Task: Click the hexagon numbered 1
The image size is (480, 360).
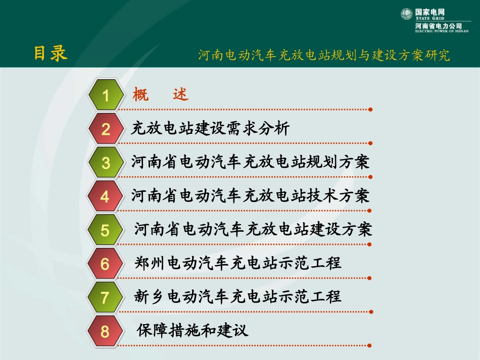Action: click(106, 95)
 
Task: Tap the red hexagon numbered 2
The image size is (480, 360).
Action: click(106, 129)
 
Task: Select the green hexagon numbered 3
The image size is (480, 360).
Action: click(106, 163)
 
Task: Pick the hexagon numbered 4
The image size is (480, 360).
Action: click(105, 196)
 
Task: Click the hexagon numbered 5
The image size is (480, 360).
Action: click(105, 231)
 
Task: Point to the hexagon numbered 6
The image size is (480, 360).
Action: click(105, 264)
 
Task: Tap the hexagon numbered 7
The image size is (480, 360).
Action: click(105, 298)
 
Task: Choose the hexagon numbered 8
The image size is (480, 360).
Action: click(105, 332)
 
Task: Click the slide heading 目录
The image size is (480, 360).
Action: click(51, 54)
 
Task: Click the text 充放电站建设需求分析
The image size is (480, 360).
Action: click(210, 129)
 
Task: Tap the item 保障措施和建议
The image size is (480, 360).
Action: click(193, 331)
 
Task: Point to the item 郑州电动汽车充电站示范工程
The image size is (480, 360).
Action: click(238, 263)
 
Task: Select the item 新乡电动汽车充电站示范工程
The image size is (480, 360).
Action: click(238, 296)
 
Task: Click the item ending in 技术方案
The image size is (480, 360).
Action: click(250, 196)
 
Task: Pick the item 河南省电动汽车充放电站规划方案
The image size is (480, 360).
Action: click(250, 162)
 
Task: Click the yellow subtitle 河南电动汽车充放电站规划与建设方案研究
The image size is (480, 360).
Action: click(324, 55)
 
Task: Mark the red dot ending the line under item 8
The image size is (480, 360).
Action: click(370, 346)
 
